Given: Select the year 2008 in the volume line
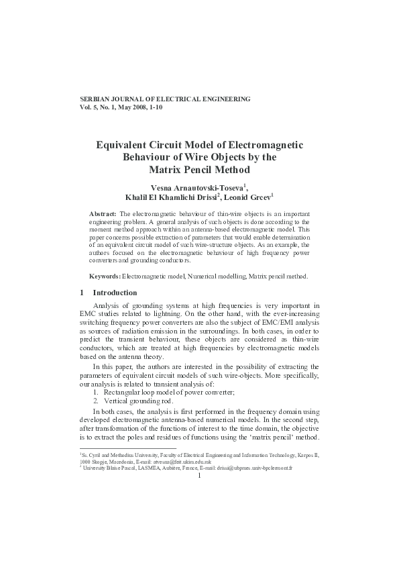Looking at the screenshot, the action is [135, 107].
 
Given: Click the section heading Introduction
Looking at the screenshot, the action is [115, 293].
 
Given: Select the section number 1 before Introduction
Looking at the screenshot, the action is [81, 293].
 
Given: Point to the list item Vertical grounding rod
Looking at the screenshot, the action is [137, 400].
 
